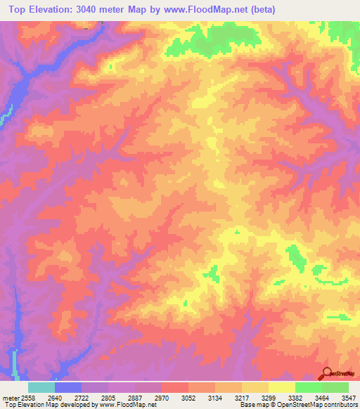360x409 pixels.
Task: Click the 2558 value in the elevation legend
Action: coord(25,397)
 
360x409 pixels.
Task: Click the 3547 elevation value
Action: coord(349,397)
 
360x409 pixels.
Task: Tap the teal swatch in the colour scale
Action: coord(41,387)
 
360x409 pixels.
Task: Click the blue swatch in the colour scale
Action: coord(68,387)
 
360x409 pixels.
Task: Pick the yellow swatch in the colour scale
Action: coord(282,387)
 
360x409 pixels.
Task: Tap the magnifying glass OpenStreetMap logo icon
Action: coord(326,375)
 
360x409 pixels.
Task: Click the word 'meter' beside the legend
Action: coord(10,397)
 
